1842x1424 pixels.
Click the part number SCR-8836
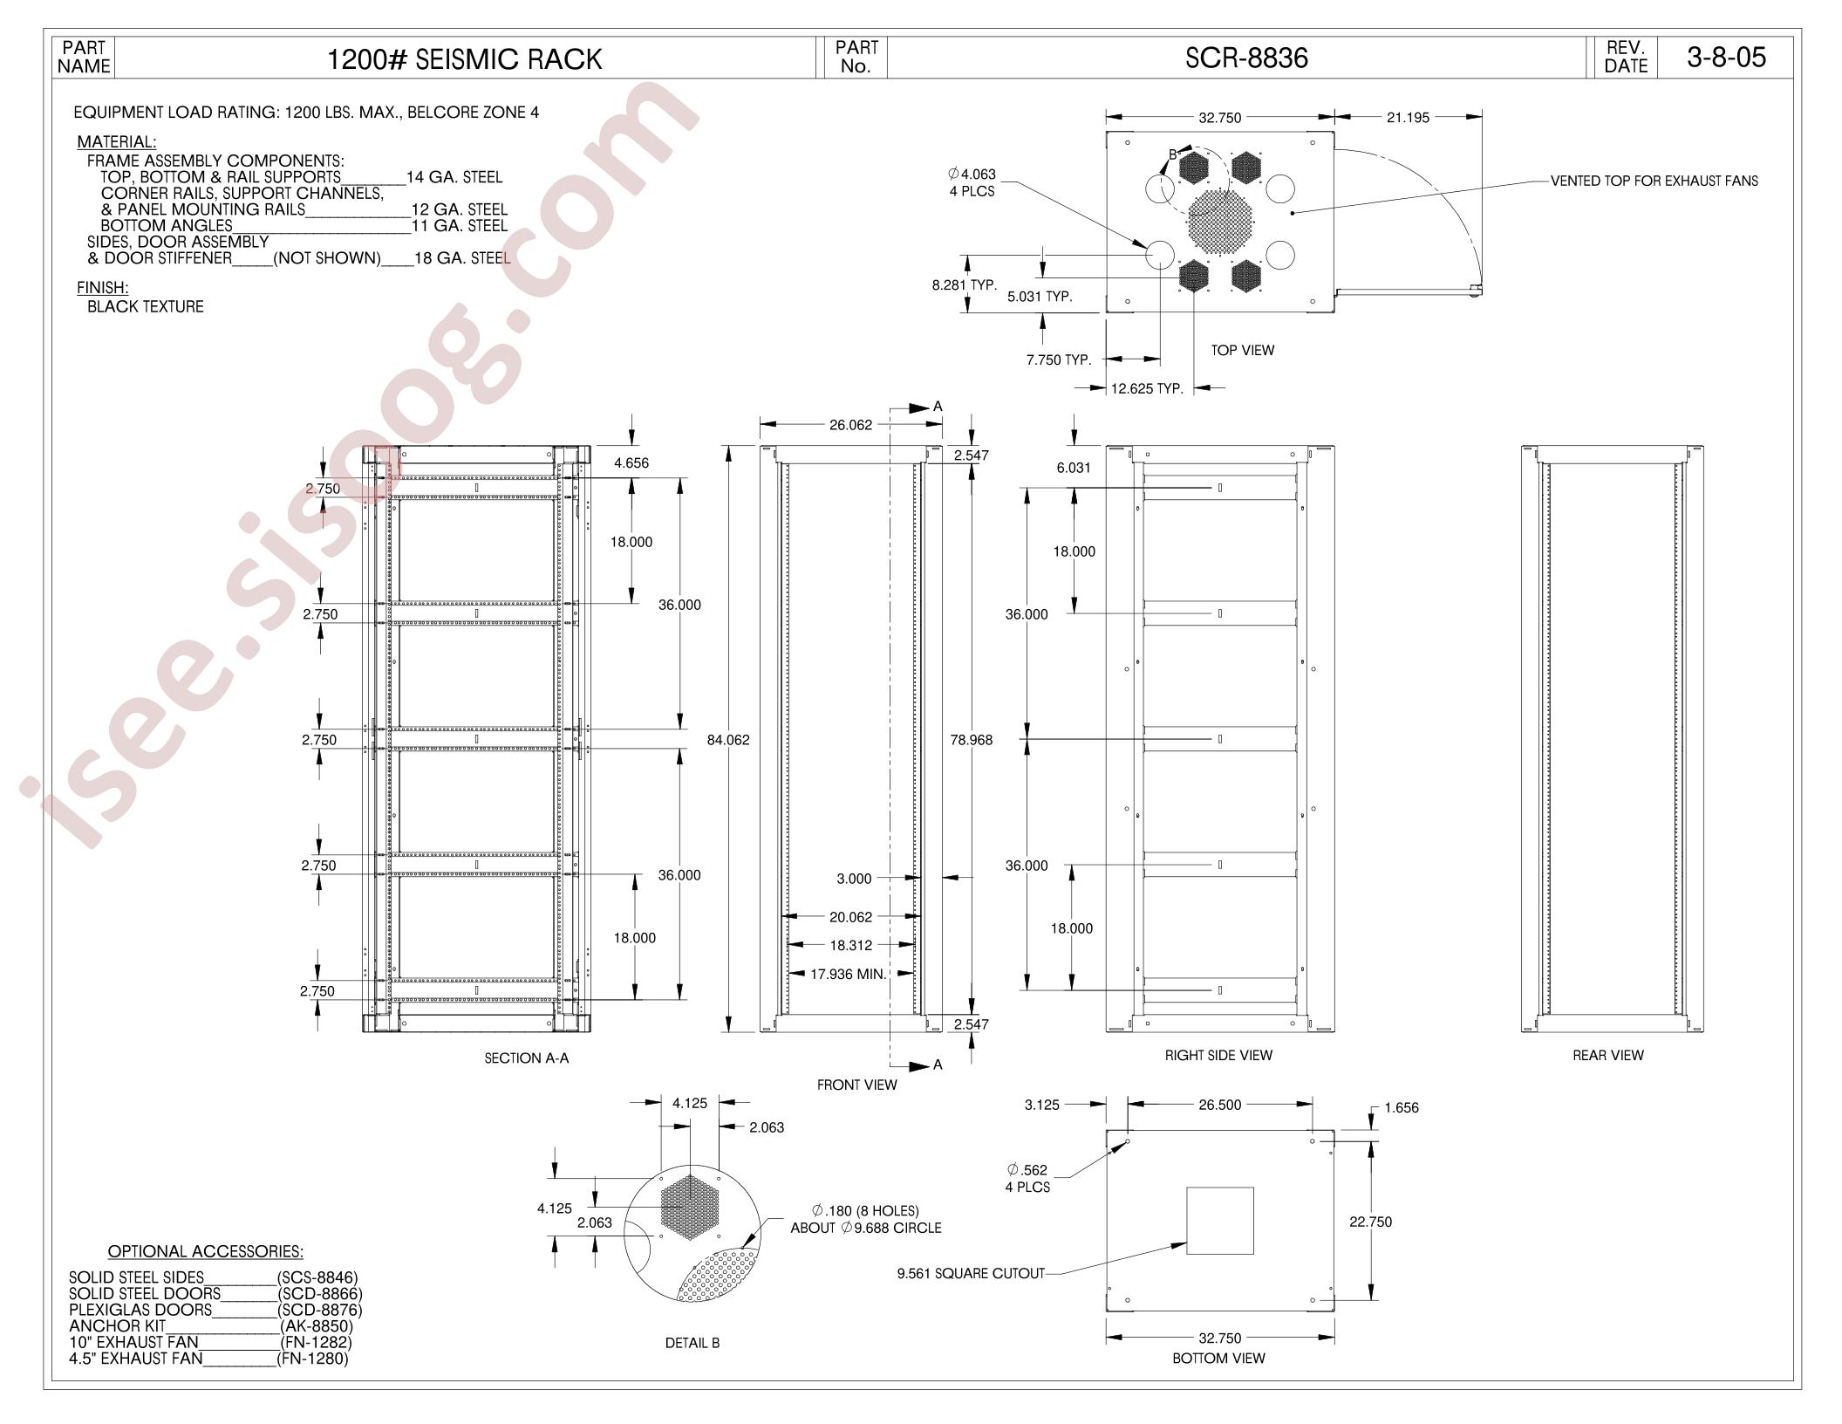[x=1246, y=58]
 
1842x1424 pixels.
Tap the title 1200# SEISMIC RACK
[x=464, y=59]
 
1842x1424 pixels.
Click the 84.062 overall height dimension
[x=728, y=740]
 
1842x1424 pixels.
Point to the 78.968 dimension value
[x=971, y=740]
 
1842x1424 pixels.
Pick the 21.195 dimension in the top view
[x=1408, y=118]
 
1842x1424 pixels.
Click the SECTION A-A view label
[x=527, y=1058]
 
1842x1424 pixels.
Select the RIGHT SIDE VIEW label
[x=1218, y=1056]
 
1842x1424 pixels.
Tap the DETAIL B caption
[x=692, y=1343]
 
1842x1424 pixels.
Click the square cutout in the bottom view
[x=1219, y=1221]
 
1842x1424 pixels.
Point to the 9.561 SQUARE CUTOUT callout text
[x=971, y=1273]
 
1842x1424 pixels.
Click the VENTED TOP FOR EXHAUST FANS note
[x=1654, y=181]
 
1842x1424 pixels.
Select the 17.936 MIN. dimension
[x=849, y=974]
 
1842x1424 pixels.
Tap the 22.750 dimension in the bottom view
[x=1371, y=1222]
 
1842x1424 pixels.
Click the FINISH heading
[x=103, y=288]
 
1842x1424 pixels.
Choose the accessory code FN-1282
[x=317, y=1342]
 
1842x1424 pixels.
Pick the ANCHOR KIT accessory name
[x=117, y=1326]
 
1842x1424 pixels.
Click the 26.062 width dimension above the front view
[x=850, y=425]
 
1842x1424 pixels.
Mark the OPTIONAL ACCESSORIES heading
[x=206, y=1251]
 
